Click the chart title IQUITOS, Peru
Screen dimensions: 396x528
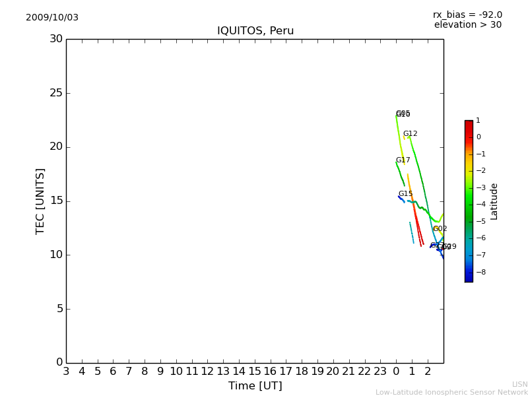point(255,31)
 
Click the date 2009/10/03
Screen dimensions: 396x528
point(52,18)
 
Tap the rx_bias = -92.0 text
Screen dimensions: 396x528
point(467,15)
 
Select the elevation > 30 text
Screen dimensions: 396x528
point(467,25)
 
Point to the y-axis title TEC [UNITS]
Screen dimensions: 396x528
point(40,201)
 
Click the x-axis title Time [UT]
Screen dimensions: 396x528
point(255,386)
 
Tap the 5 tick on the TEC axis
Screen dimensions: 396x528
point(59,309)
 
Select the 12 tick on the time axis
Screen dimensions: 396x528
point(207,372)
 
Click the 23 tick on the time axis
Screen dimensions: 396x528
point(380,372)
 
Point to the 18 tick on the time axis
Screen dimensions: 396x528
point(302,372)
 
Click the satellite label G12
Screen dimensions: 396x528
point(410,134)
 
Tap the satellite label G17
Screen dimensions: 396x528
point(403,160)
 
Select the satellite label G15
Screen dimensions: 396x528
point(405,194)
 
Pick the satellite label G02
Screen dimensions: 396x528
point(440,229)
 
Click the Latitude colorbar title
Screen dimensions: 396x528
point(494,201)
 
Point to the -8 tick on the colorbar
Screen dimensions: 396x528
point(478,272)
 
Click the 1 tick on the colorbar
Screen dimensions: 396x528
point(478,121)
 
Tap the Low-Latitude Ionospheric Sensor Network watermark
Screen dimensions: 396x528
point(451,393)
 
